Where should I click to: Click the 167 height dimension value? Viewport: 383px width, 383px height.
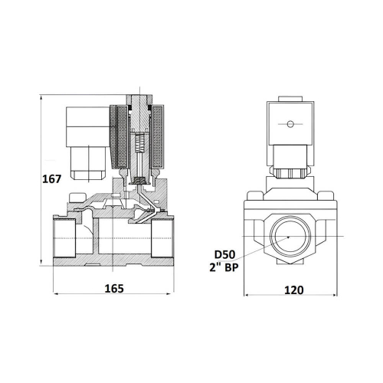[52, 179]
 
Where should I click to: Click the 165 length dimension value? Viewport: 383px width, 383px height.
[114, 289]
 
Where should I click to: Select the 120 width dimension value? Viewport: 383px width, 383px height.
[294, 290]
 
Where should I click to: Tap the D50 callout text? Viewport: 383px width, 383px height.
[224, 255]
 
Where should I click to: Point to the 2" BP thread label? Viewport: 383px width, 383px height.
[224, 267]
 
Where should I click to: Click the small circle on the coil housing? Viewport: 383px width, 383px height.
[290, 124]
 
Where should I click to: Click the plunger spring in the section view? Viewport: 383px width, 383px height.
[139, 142]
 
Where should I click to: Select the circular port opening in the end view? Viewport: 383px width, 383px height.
[290, 237]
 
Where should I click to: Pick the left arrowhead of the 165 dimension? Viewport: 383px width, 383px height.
[56, 294]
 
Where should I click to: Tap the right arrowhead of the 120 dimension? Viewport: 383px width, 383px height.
[335, 296]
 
